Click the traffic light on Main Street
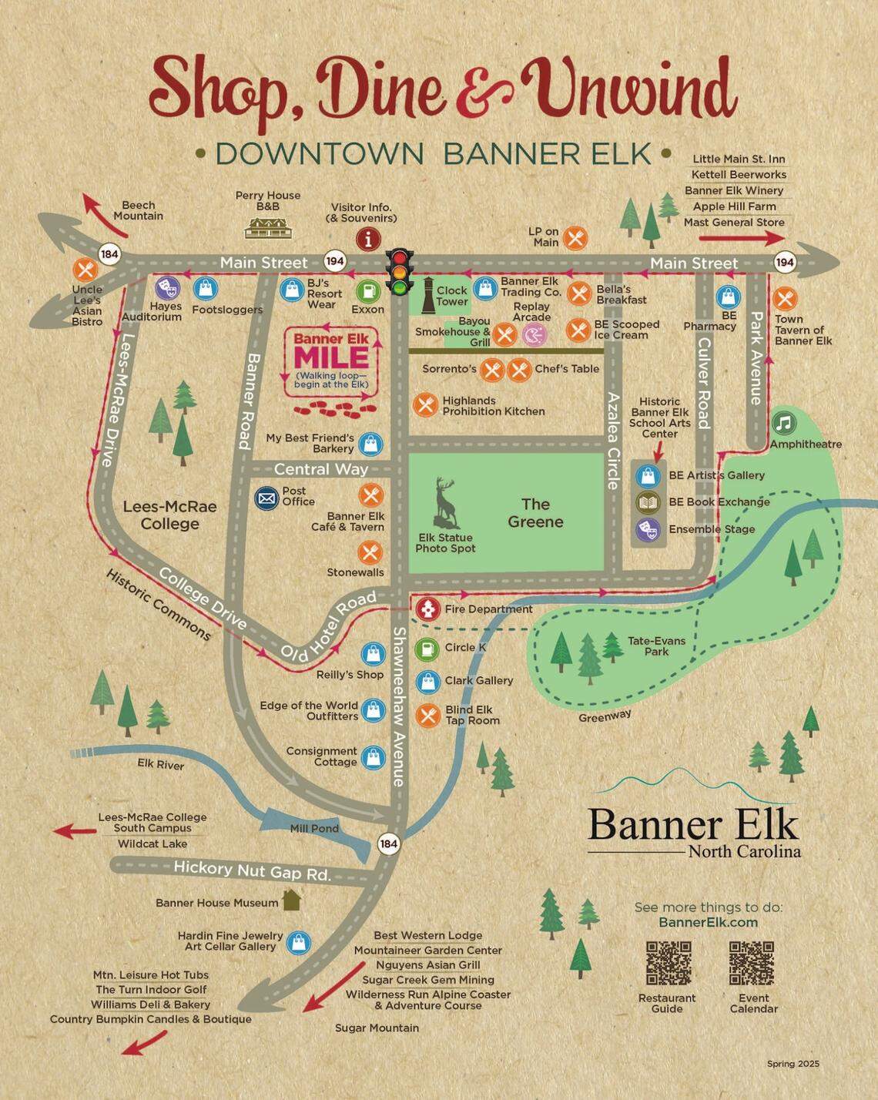400,272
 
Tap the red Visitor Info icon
368,238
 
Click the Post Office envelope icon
266,498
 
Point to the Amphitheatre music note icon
783,423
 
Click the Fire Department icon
427,609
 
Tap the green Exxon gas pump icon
368,291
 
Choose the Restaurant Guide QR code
668,963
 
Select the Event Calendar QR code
752,963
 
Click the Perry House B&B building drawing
268,226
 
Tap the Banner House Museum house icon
291,900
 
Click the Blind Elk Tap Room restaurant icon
428,715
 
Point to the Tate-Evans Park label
656,646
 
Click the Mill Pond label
314,828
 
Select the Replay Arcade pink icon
534,334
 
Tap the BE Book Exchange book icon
648,502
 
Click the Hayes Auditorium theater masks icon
167,289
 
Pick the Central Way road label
320,469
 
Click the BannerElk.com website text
708,922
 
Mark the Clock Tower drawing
427,294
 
